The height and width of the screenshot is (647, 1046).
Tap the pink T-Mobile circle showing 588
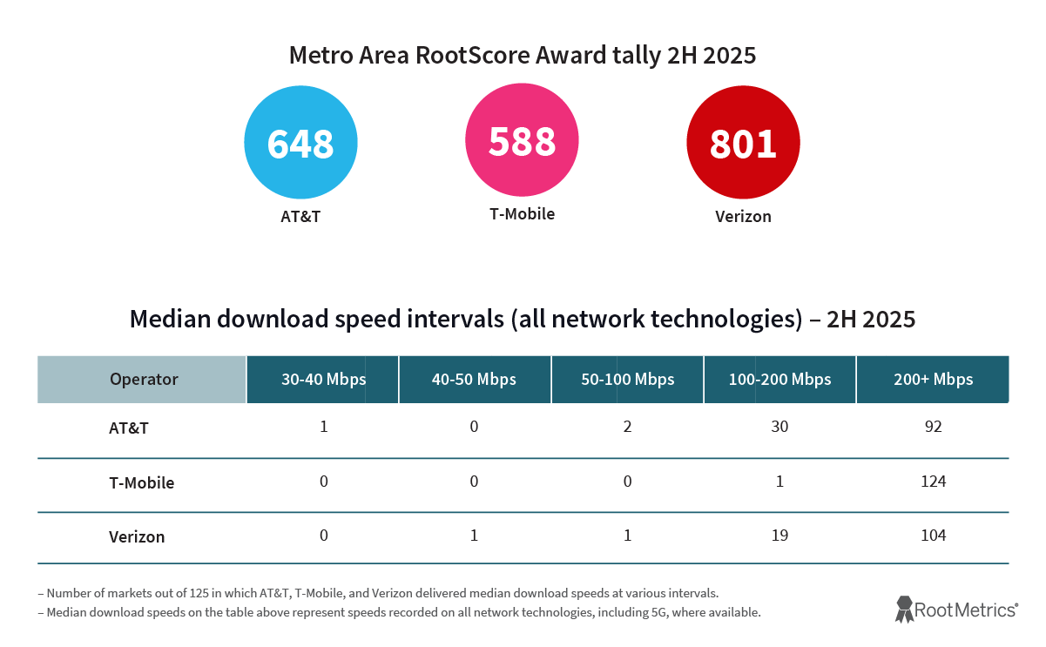[x=522, y=140]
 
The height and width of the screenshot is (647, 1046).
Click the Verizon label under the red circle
[x=743, y=216]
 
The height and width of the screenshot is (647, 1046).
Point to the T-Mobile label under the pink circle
[x=522, y=213]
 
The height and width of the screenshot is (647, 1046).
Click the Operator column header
[x=144, y=379]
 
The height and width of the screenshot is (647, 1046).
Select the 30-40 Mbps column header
[x=323, y=379]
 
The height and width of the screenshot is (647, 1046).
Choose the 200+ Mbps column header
[x=933, y=379]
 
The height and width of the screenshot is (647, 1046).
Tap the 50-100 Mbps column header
[x=627, y=379]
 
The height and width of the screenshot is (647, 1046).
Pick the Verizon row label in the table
[x=137, y=536]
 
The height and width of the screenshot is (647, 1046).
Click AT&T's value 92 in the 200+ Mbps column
[x=933, y=428]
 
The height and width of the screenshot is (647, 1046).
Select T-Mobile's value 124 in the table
[x=933, y=482]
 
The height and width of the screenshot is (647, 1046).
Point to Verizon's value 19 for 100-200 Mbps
[x=779, y=536]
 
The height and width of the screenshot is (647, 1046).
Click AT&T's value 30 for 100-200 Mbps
[x=779, y=428]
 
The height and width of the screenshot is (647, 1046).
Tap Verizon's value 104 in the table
[x=933, y=536]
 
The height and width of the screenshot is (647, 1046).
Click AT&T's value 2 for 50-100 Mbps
[x=627, y=428]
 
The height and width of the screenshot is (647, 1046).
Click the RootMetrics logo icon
[x=904, y=609]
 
